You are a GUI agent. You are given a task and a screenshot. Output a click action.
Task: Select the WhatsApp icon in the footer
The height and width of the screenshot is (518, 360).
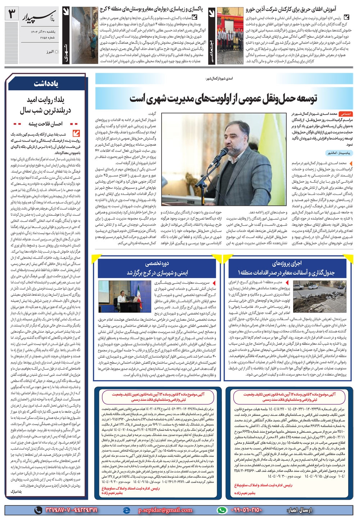(x=222, y=510)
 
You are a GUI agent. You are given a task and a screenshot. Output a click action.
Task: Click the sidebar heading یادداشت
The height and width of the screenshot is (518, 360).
(x=46, y=84)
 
